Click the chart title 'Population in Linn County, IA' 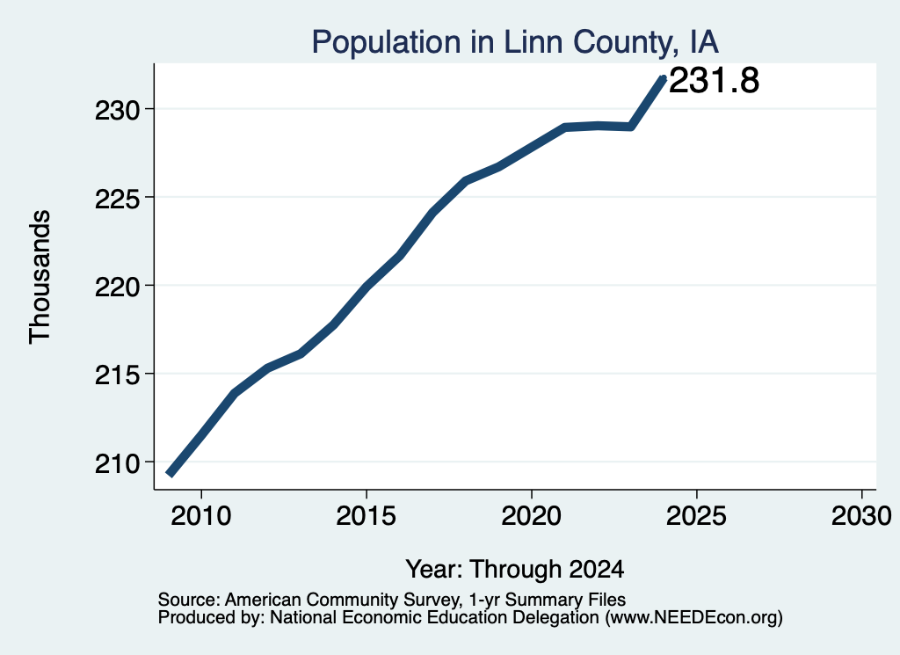(x=515, y=42)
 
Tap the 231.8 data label (x=714, y=80)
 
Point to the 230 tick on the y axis (x=118, y=110)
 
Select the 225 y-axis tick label (x=118, y=198)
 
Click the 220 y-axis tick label (x=118, y=286)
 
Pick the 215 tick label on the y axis (x=118, y=375)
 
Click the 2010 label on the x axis (x=201, y=515)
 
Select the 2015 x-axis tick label (x=367, y=515)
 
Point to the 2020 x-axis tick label (x=532, y=515)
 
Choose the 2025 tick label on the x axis (x=696, y=515)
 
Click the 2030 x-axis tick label (x=861, y=515)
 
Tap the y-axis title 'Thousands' (x=40, y=277)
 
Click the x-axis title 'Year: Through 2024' (x=515, y=569)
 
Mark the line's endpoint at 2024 (x=664, y=78)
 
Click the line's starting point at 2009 (x=170, y=474)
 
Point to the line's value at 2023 (x=631, y=127)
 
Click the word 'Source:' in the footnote (x=189, y=600)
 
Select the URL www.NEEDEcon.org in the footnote (x=691, y=618)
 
